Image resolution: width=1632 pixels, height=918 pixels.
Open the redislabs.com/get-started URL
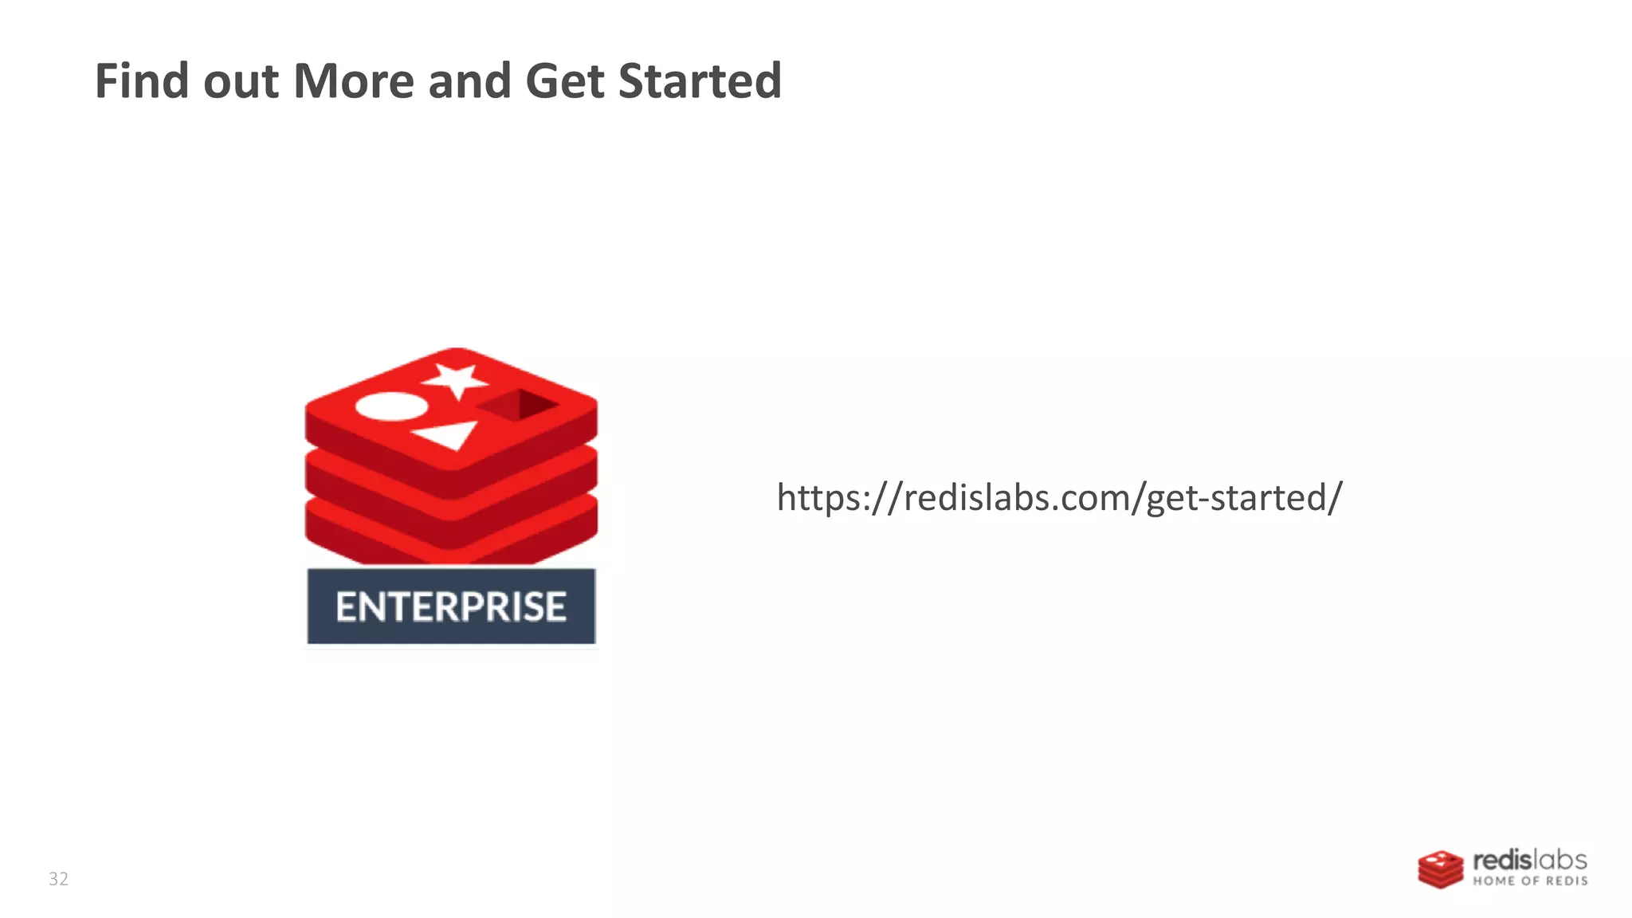1059,497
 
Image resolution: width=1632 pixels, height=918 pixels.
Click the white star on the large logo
457,379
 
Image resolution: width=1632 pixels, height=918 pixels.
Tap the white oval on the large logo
391,406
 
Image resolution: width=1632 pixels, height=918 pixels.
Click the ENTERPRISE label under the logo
451,606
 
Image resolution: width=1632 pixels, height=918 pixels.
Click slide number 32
58,879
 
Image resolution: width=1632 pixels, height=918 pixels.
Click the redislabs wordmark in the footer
1529,861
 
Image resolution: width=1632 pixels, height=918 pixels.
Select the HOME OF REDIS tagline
1529,881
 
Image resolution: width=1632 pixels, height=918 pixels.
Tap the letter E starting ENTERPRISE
345,607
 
